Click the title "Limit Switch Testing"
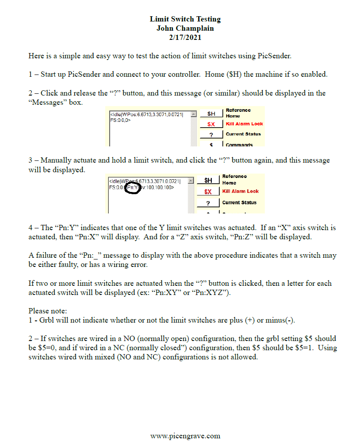tap(185, 19)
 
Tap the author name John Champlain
tap(185, 28)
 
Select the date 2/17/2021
tap(185, 37)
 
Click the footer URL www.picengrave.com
tap(185, 436)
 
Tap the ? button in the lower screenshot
tap(207, 203)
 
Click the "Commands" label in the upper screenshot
tap(239, 145)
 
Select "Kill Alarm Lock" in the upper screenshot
tap(244, 124)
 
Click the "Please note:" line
tap(48, 311)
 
